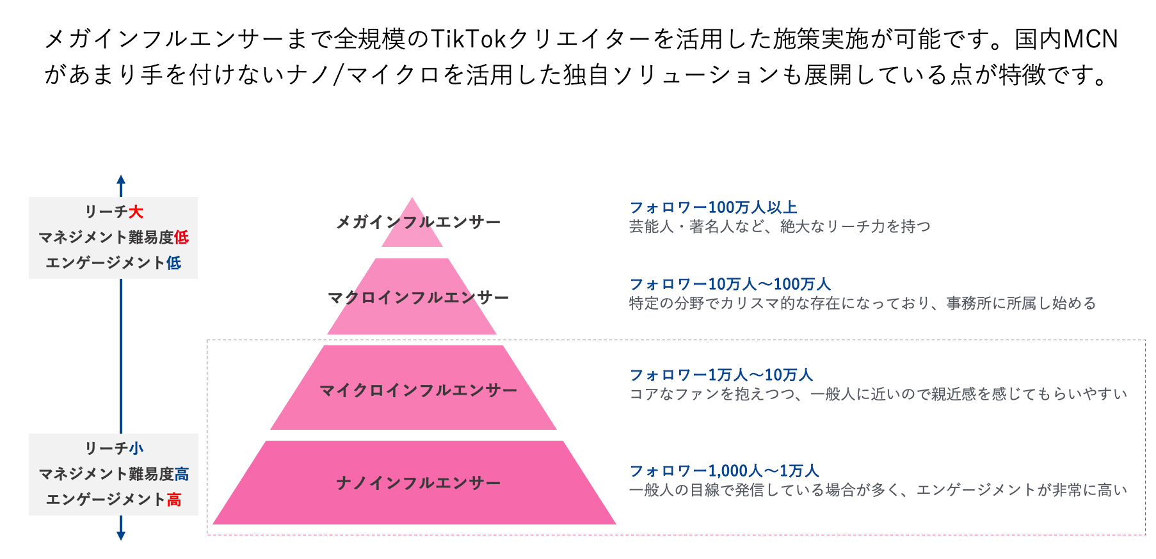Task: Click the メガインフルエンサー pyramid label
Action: [x=418, y=223]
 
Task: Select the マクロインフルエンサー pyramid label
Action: [x=418, y=298]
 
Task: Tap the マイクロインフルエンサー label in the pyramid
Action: [x=418, y=391]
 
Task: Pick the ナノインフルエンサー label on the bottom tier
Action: [x=418, y=484]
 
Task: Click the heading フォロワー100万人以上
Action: [x=713, y=207]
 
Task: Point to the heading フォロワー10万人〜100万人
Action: [x=730, y=284]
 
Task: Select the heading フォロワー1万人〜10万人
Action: [x=721, y=375]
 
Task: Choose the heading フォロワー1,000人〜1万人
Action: [x=724, y=471]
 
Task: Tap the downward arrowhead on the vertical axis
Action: [x=121, y=535]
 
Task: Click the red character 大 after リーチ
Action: [x=136, y=212]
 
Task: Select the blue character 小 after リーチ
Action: [x=136, y=448]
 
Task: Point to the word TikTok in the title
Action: [x=469, y=40]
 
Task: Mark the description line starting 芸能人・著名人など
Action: [x=780, y=226]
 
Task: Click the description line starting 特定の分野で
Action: [x=862, y=303]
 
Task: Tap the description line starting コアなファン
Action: [x=878, y=394]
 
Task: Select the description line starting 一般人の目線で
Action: [x=878, y=490]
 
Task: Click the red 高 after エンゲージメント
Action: [x=174, y=500]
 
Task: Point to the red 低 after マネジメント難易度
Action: [x=182, y=237]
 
